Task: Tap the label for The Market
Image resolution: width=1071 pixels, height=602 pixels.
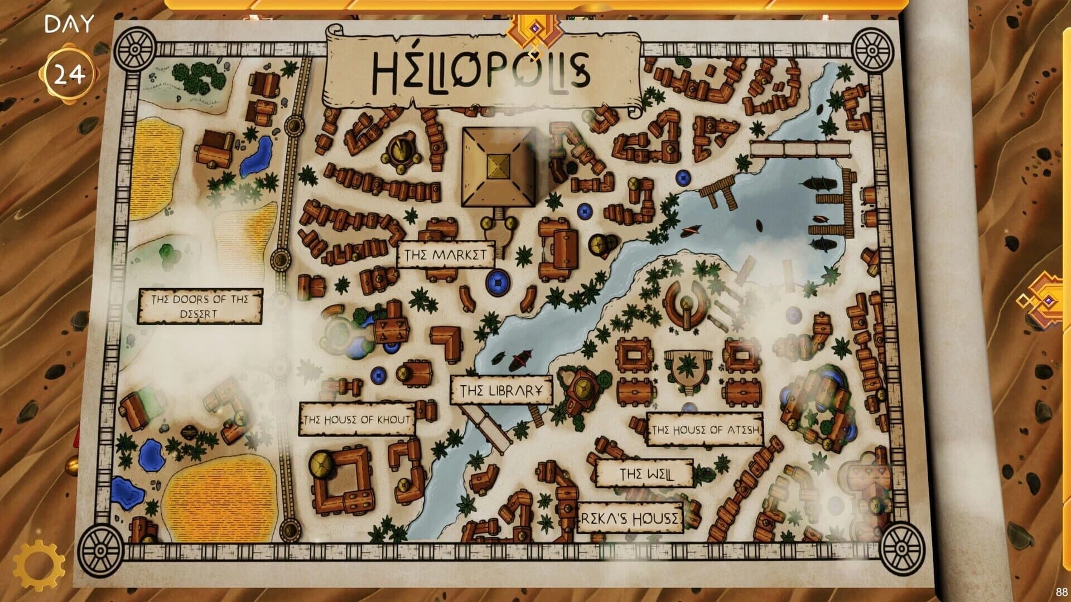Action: (x=445, y=255)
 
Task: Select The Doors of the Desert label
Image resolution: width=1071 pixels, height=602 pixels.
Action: (x=200, y=306)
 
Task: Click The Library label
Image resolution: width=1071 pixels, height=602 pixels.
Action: (x=500, y=391)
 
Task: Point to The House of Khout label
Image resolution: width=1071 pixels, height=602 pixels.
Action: (x=357, y=419)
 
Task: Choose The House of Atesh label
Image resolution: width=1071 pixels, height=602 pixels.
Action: (x=705, y=429)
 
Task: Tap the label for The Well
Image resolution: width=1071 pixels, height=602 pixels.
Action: (x=645, y=474)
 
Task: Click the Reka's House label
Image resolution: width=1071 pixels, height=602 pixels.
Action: (x=630, y=518)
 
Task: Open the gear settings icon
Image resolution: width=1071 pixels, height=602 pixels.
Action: (x=38, y=565)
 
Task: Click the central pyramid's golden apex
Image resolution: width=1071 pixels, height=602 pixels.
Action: (x=498, y=165)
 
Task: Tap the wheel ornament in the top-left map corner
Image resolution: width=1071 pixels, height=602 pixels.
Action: (x=134, y=50)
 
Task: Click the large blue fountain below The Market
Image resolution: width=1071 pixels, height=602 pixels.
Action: (x=498, y=283)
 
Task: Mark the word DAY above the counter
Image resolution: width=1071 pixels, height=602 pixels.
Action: (x=69, y=25)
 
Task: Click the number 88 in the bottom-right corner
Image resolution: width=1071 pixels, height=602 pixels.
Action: (x=1060, y=592)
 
